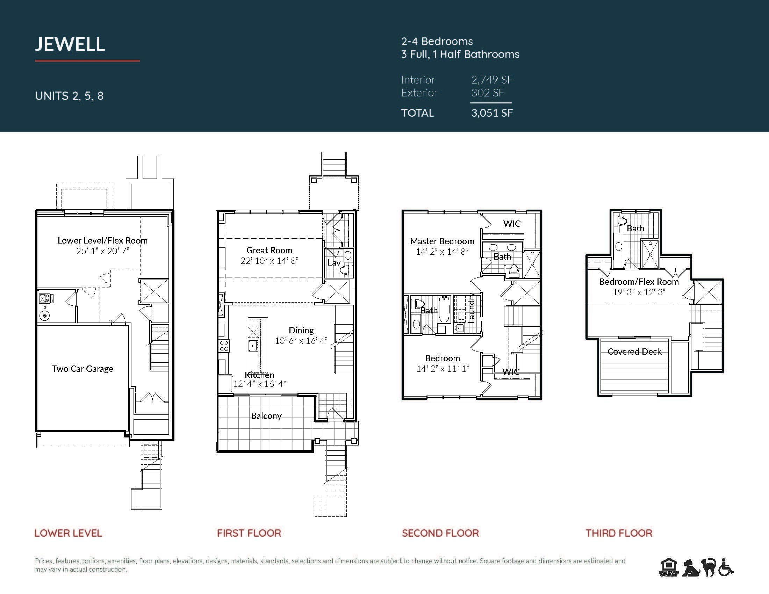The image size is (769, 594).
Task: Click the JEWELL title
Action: pos(70,44)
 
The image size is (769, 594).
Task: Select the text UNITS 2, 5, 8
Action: pos(69,96)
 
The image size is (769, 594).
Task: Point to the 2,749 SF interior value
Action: pos(492,80)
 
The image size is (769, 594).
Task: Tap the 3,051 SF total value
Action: pos(492,113)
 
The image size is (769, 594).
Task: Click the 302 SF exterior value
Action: pos(488,93)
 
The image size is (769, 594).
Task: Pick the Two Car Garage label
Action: pos(83,368)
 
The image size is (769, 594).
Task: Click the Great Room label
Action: pos(269,250)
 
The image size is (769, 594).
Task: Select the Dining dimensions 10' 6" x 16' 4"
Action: pos(301,341)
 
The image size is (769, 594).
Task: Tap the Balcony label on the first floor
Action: pos(266,416)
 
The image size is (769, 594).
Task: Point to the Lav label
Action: pos(334,262)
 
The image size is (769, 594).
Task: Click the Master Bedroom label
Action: pos(442,241)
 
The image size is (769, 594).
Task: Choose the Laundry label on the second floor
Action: pos(472,308)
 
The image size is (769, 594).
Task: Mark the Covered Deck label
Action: pos(634,352)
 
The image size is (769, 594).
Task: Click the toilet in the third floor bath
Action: pos(621,220)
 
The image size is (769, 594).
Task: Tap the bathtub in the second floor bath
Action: pos(444,310)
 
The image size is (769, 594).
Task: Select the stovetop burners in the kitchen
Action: pos(224,346)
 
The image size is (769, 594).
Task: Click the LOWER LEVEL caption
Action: pos(68,533)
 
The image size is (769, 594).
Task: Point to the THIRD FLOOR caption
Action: pos(619,533)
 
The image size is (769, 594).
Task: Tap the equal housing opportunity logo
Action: pos(668,567)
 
